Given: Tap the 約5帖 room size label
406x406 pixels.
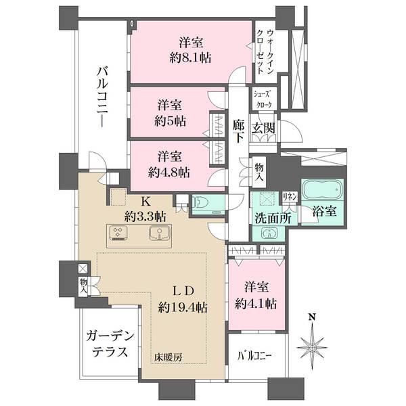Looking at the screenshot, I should click(x=169, y=121).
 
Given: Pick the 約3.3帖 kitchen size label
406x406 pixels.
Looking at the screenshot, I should click(x=145, y=217).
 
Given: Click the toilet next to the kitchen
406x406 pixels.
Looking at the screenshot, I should click(x=204, y=202).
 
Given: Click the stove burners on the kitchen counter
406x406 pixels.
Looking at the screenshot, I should click(x=118, y=234).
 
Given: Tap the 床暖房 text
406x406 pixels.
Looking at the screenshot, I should click(x=166, y=356).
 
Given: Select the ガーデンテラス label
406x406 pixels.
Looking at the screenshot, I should click(x=109, y=344).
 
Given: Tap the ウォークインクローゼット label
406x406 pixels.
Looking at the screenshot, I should click(x=264, y=52).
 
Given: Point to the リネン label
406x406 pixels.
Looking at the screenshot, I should click(x=289, y=196).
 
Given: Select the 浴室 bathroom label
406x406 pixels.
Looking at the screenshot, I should click(x=323, y=212).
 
